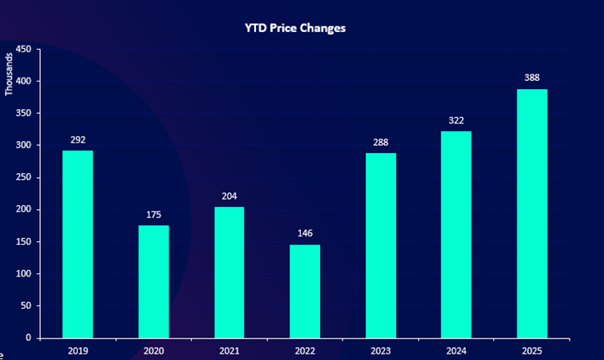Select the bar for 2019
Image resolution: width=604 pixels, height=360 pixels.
coord(78,244)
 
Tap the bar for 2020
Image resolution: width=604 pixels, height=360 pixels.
coord(154,281)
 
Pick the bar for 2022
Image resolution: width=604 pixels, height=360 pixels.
coord(305,290)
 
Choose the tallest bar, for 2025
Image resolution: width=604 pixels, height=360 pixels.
coord(532,212)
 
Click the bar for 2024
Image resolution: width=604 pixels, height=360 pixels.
coord(456,234)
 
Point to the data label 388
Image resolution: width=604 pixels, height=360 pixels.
coord(532,78)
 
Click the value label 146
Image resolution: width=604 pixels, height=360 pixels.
coord(305,233)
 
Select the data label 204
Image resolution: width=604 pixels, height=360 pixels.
coord(229,196)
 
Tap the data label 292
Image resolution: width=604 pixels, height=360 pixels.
coord(78,140)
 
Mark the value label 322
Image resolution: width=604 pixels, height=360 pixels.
coord(456,120)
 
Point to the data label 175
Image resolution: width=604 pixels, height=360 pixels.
coord(154,214)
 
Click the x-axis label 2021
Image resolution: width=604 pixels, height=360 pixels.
coord(229,350)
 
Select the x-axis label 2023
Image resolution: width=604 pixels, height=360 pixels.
coord(381,350)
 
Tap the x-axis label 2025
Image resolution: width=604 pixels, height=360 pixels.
coord(532,350)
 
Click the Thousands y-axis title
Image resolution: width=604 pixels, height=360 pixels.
coord(10,74)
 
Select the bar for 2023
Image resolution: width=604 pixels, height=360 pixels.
coord(381,245)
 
